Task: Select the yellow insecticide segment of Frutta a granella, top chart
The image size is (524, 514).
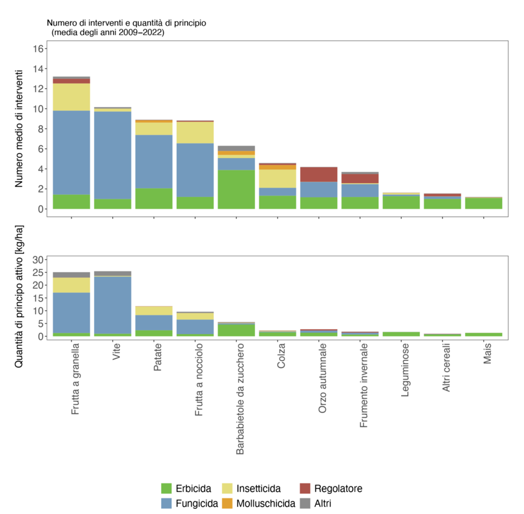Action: coord(71,97)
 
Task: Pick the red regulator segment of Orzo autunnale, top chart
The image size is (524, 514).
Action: coord(319,174)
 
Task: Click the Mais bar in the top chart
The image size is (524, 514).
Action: coord(483,203)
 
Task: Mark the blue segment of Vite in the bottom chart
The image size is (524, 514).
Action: coord(112,305)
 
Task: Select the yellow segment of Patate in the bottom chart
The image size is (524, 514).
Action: coord(154,310)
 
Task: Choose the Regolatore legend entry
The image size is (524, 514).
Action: coord(338,488)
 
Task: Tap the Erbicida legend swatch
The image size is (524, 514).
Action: coord(166,488)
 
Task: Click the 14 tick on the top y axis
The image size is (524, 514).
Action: coord(38,68)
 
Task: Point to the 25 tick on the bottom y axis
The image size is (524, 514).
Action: coord(38,273)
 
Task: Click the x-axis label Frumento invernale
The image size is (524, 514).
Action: coord(364,384)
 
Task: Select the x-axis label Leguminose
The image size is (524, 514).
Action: coord(406,375)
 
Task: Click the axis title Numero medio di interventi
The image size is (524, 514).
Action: coord(19,128)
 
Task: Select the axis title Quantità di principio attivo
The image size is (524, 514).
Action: coord(19,307)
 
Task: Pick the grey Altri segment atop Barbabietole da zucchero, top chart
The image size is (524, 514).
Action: coord(236,148)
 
